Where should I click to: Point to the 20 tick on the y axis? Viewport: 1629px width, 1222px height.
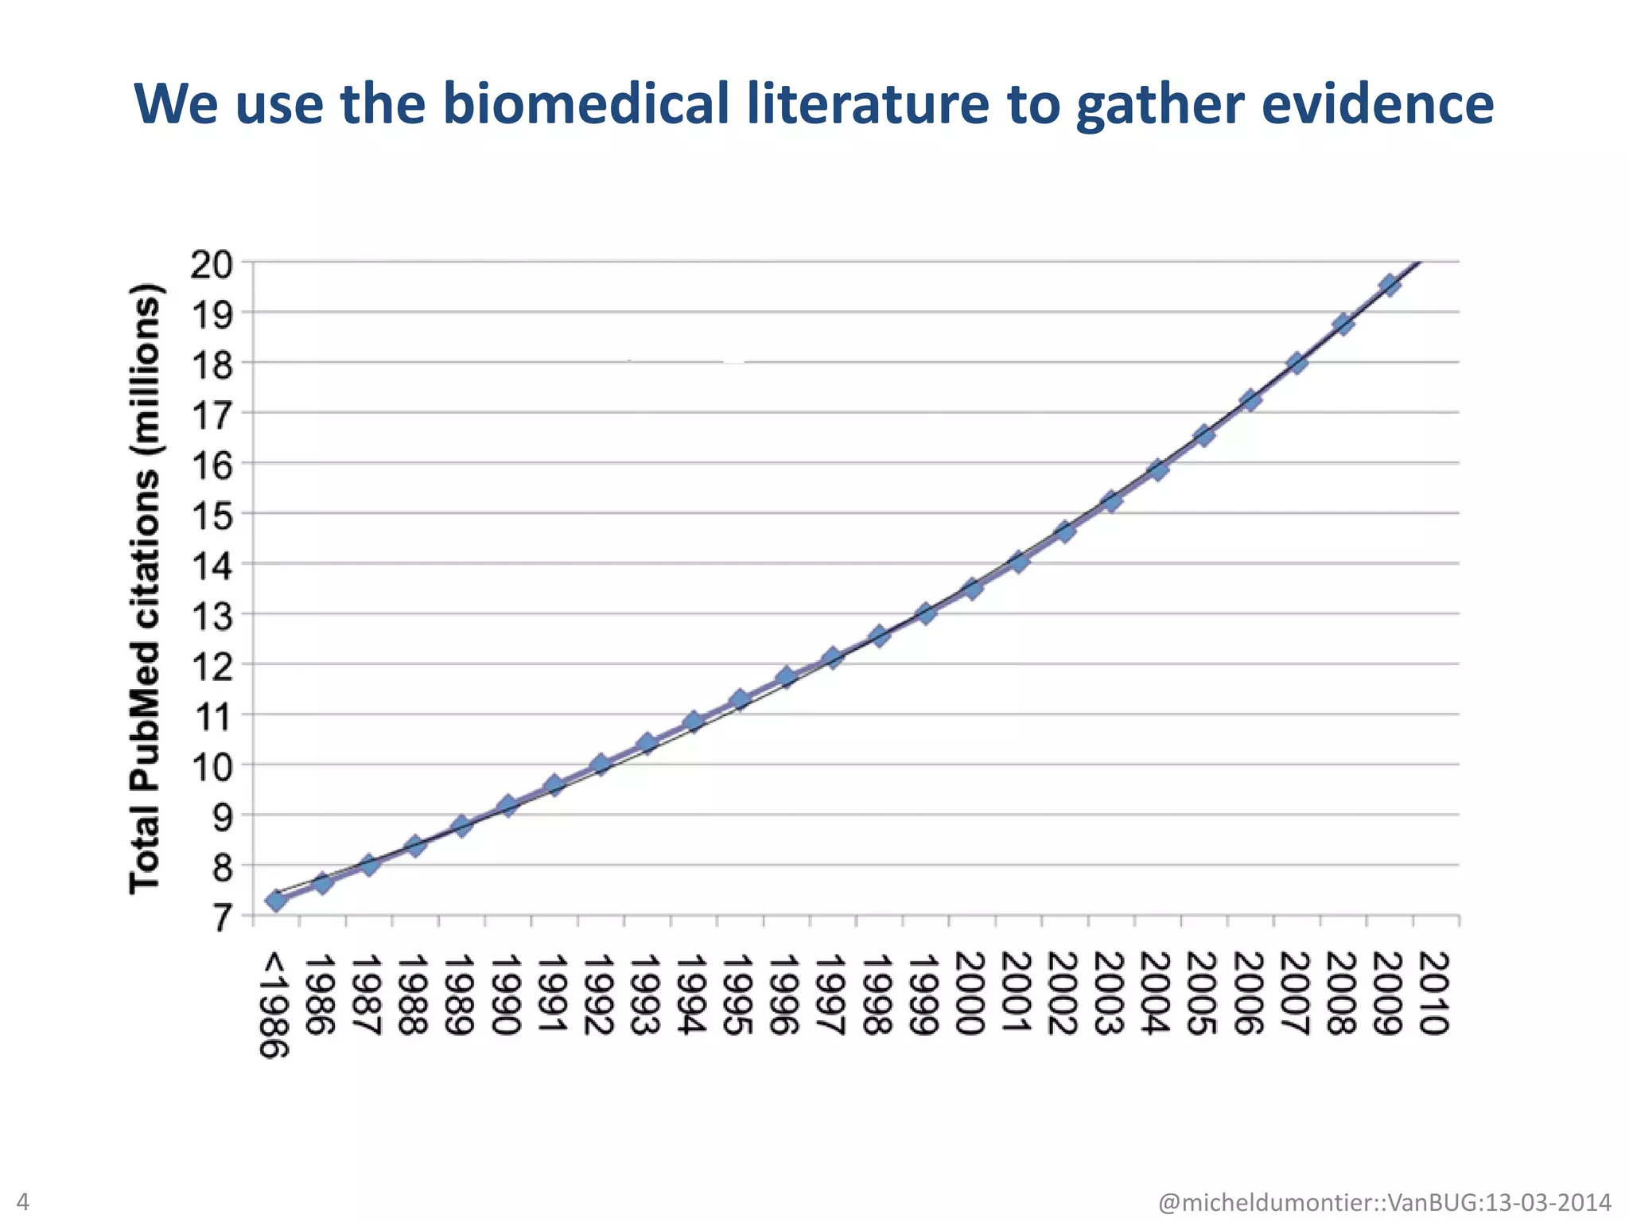coord(211,264)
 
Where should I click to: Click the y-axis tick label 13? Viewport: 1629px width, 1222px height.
coord(211,616)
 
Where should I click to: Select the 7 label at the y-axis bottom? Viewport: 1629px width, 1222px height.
coord(221,920)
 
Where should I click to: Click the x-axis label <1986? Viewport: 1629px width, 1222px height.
coord(274,1004)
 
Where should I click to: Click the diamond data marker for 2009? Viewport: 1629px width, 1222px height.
coord(1390,285)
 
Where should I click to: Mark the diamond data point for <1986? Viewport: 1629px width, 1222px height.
coord(276,901)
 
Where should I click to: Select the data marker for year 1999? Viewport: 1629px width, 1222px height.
coord(925,613)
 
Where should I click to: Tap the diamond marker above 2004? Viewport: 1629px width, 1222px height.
coord(1158,469)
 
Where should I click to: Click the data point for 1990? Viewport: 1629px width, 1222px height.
coord(507,805)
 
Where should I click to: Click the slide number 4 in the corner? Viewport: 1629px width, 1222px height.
coord(22,1201)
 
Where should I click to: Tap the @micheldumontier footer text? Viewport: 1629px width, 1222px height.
coord(1384,1202)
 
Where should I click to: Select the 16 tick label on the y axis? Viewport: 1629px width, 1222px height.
coord(211,465)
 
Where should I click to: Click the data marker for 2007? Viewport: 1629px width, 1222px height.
coord(1297,363)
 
